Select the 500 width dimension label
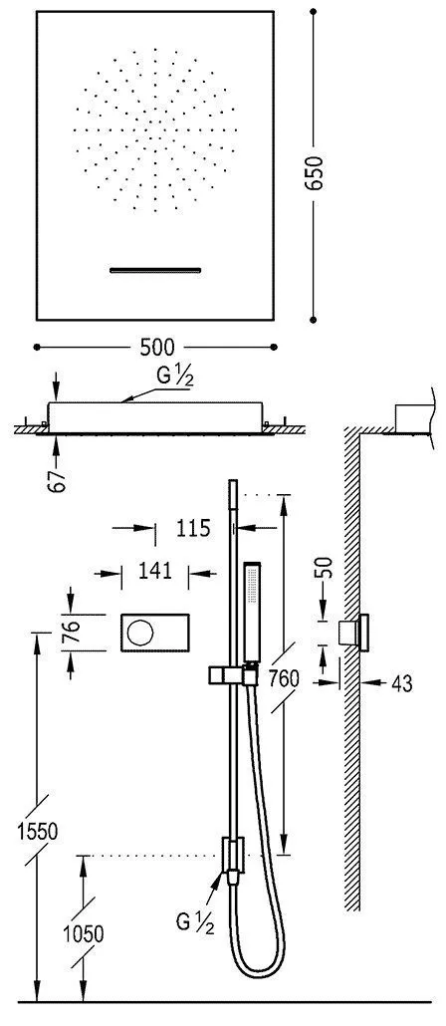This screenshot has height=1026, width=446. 156,347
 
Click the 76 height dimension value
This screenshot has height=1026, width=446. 71,633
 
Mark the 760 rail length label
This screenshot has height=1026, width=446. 284,679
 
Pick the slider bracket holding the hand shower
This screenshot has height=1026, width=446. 227,675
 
